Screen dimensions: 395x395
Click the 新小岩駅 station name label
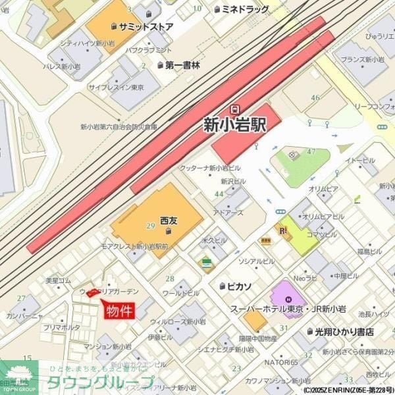click(234, 124)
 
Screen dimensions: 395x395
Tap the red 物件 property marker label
click(119, 311)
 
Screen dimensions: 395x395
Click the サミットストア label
click(145, 27)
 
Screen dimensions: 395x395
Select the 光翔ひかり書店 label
click(344, 332)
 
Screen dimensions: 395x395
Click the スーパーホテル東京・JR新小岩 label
click(288, 308)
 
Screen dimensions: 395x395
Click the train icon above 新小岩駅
click(234, 108)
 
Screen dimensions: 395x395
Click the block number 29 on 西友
click(150, 226)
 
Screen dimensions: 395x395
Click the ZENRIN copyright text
click(348, 390)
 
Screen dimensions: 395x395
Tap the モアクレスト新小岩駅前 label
click(134, 246)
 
